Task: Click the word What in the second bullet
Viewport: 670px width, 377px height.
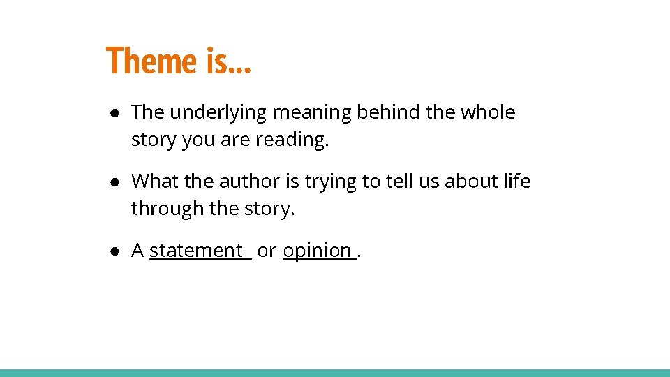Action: tap(154, 182)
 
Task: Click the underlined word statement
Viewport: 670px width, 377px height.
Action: tap(195, 250)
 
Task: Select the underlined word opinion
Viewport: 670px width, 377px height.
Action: tap(317, 250)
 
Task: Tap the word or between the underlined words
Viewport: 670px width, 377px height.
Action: tap(266, 251)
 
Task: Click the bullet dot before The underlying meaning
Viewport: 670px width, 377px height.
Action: tap(112, 113)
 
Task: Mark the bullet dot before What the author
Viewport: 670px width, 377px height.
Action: tap(112, 182)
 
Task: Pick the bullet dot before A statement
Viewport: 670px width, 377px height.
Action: tap(112, 251)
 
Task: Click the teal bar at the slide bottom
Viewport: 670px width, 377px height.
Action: tap(335, 373)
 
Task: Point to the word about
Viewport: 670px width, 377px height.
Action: tap(468, 182)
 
